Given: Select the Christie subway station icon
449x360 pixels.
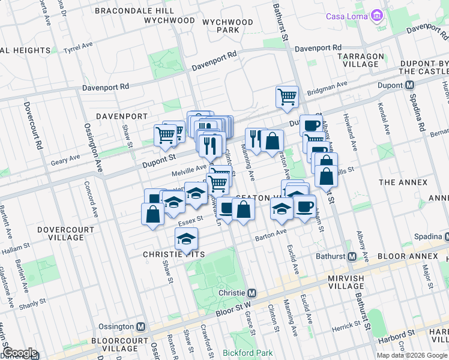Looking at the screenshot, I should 252,293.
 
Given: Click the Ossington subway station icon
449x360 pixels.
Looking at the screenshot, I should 141,327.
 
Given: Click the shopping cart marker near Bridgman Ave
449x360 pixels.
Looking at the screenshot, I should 288,96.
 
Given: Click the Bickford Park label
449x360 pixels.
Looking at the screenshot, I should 247,353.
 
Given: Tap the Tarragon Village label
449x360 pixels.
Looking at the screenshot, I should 360,60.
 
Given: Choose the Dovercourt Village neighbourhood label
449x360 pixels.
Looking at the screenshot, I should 61,233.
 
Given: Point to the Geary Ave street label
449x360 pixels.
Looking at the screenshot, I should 66,158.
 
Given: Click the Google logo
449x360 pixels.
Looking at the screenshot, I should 20,353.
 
